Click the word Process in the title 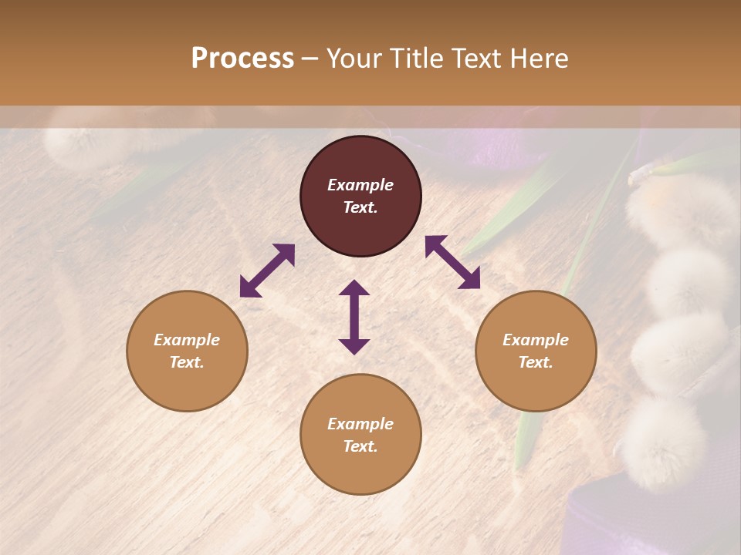pyautogui.click(x=242, y=59)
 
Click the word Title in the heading pyautogui.click(x=415, y=59)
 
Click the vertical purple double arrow pyautogui.click(x=354, y=317)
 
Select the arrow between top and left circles pyautogui.click(x=267, y=271)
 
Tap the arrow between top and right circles pyautogui.click(x=452, y=262)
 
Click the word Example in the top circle pyautogui.click(x=360, y=185)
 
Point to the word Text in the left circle pyautogui.click(x=187, y=362)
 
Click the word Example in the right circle pyautogui.click(x=536, y=340)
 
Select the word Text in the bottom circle pyautogui.click(x=360, y=446)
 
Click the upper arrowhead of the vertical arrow pyautogui.click(x=354, y=288)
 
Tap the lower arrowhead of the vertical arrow pyautogui.click(x=354, y=346)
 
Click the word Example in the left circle pyautogui.click(x=187, y=340)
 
